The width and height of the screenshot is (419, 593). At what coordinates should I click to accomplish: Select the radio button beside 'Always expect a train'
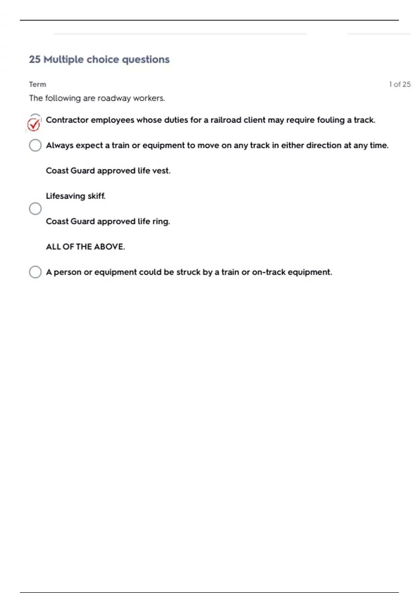coord(35,145)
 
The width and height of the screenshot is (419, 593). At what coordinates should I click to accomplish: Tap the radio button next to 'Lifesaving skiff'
coord(35,209)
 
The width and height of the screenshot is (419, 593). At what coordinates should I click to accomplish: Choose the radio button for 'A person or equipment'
coord(35,272)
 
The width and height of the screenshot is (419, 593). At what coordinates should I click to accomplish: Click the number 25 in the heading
coord(35,60)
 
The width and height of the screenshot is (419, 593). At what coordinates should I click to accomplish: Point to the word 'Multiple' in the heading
coord(64,60)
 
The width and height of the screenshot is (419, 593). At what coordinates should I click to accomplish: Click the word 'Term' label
coord(37,84)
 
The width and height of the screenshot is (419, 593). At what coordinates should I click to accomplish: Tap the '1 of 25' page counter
coord(400,84)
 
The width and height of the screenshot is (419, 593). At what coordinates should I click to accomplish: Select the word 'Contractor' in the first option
coord(67,120)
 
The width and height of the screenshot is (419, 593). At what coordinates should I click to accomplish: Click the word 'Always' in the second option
coord(60,145)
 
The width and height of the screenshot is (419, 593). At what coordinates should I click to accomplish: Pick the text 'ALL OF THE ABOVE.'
coord(85,247)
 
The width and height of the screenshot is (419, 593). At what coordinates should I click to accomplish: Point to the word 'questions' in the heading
coord(146,60)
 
